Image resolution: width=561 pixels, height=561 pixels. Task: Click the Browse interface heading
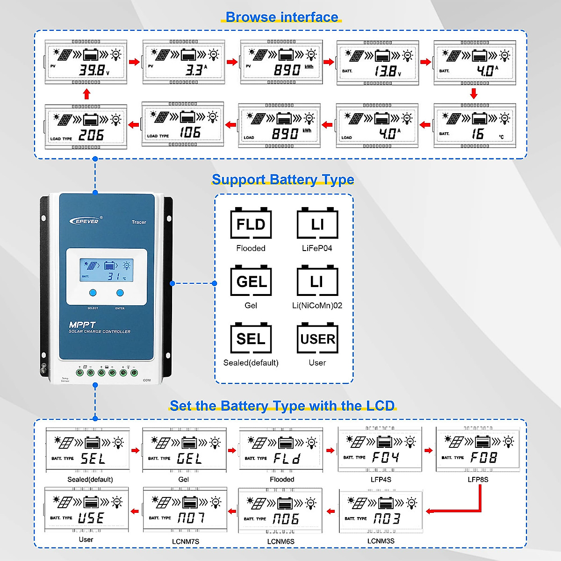click(x=282, y=17)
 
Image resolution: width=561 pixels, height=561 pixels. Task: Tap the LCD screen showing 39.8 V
click(x=86, y=62)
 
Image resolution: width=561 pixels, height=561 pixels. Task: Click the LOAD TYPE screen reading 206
click(x=86, y=127)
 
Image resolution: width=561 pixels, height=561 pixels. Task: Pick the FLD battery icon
click(x=251, y=223)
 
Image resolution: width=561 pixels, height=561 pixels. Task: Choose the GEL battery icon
click(x=251, y=281)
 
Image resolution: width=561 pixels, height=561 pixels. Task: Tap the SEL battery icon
click(x=251, y=338)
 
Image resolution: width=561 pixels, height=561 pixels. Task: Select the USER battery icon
click(x=317, y=338)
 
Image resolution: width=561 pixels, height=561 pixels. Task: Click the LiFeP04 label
click(x=317, y=248)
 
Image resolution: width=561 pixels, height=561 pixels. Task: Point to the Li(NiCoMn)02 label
click(x=317, y=305)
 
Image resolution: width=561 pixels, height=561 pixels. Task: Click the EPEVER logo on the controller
click(x=85, y=221)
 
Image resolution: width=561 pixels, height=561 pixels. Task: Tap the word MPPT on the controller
click(x=82, y=324)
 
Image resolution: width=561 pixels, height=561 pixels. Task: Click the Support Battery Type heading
click(x=283, y=180)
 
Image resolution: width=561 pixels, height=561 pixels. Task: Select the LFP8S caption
click(x=478, y=479)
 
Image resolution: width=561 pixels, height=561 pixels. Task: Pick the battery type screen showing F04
click(x=380, y=449)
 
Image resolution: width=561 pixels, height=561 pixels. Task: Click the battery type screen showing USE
click(x=86, y=510)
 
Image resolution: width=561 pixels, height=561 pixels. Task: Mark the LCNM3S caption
click(x=381, y=541)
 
